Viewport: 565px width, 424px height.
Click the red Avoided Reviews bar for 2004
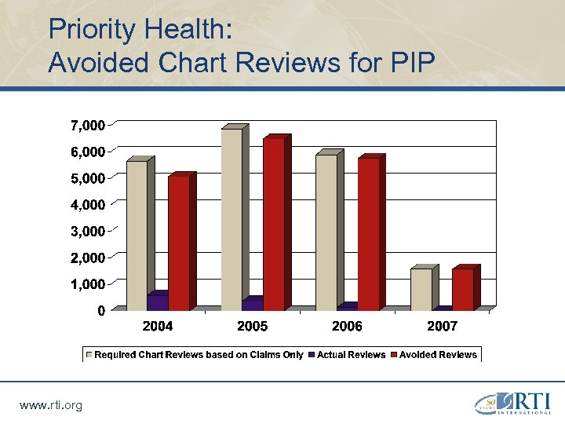point(179,243)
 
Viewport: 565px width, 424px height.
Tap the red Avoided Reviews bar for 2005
point(274,224)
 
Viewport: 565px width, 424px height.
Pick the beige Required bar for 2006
point(326,232)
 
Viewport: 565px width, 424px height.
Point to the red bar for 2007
point(463,290)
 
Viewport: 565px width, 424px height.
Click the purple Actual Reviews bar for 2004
point(158,302)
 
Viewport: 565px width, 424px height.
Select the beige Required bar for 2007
point(421,290)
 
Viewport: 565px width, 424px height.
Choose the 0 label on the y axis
point(101,311)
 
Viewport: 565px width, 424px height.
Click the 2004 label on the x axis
point(158,326)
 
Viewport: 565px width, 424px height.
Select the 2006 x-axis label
point(347,326)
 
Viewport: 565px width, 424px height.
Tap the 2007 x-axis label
point(442,326)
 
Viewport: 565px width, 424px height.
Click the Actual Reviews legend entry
point(351,355)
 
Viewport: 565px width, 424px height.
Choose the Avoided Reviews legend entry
point(438,355)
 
